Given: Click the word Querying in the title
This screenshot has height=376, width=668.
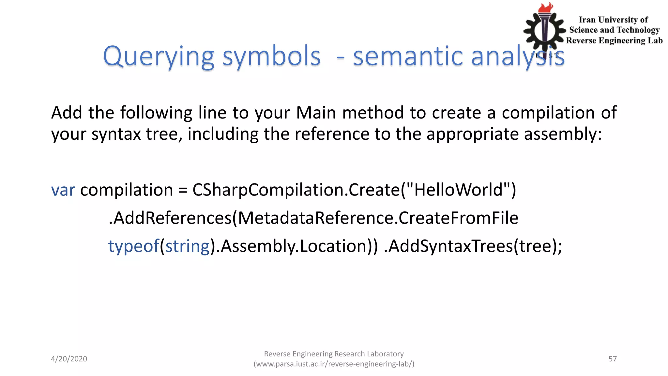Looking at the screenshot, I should (159, 57).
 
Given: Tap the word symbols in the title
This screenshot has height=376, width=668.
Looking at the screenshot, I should (271, 57).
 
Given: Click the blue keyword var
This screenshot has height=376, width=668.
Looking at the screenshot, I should (63, 190).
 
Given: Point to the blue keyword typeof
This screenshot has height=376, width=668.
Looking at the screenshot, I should (134, 246).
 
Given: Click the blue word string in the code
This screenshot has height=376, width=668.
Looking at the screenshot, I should (188, 246).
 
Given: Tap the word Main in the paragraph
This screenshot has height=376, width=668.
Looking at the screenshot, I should (316, 113).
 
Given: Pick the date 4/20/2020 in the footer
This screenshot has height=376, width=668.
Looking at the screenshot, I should (69, 359).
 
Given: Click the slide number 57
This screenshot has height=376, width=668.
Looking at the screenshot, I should (613, 359).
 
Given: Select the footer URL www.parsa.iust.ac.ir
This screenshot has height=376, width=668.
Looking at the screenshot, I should (334, 364).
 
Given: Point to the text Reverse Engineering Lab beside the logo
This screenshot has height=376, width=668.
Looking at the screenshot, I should (614, 40).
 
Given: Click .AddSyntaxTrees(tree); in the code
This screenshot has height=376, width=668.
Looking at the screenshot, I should (473, 246).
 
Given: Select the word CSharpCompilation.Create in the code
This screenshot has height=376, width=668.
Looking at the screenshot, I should (296, 190).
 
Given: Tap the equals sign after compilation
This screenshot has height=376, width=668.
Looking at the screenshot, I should (183, 191).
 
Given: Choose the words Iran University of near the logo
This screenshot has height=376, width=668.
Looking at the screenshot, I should (613, 20).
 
